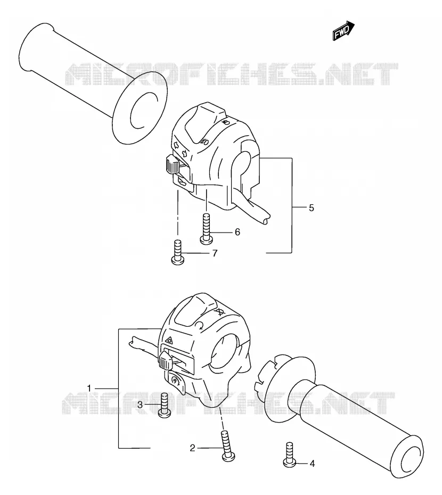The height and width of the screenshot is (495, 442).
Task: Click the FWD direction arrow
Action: coord(343,30)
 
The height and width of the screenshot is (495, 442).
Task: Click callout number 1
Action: coord(89,388)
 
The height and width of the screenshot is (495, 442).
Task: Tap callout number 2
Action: coord(192,448)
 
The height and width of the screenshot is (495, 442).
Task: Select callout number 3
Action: coord(140,405)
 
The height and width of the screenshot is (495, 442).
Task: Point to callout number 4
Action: coord(312,464)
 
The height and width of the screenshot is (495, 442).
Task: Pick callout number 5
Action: coord(312,208)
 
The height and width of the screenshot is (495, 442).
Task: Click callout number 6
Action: coord(238,232)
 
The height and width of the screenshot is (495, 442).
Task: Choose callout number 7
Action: coord(215,253)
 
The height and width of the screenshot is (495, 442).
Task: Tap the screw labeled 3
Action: coord(165,406)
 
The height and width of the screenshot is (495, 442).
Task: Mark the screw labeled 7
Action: coord(177,252)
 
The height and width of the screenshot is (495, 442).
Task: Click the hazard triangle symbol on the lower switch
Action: coord(169,340)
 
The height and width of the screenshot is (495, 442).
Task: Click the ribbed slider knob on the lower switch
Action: coord(166,361)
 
